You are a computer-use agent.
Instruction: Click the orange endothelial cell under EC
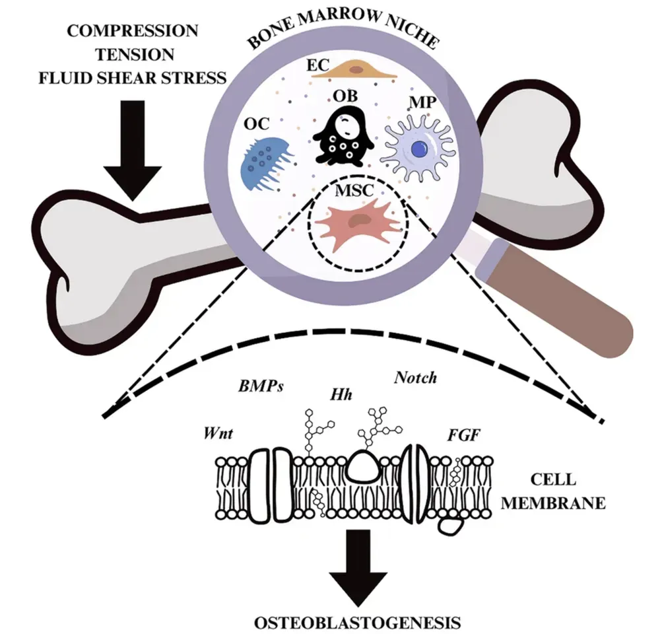(x=357, y=69)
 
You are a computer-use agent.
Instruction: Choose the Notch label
(x=415, y=377)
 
